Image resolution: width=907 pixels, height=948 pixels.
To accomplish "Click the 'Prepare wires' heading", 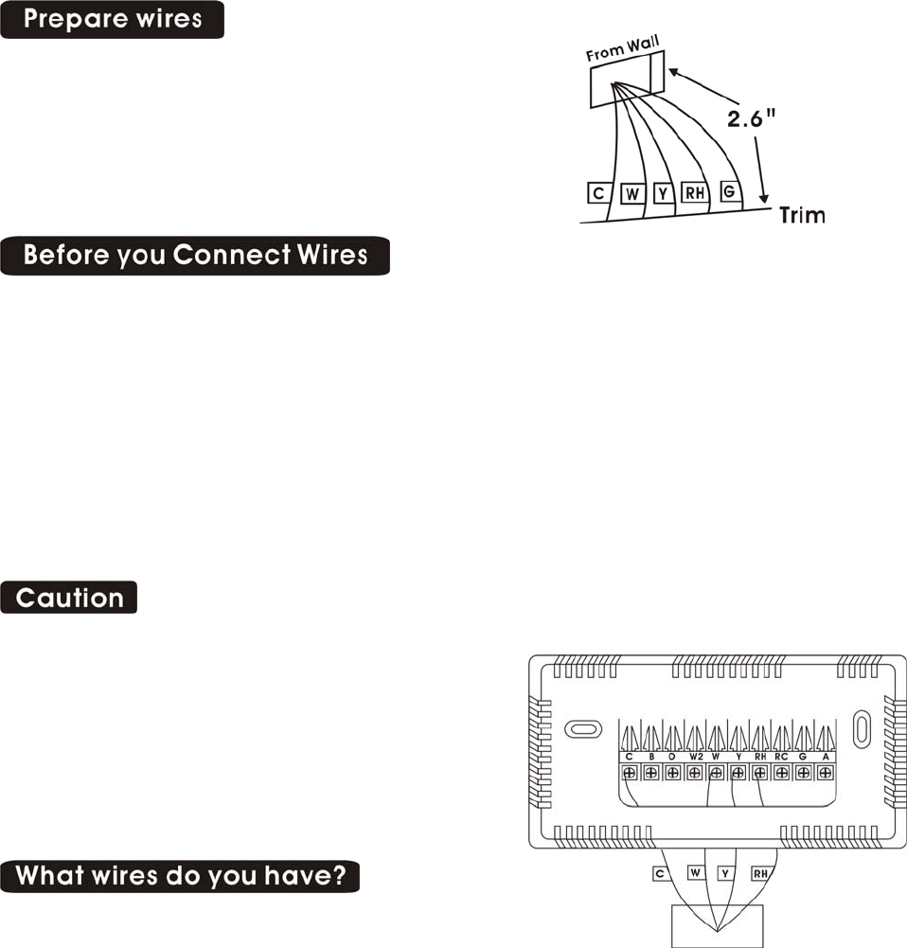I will tap(112, 20).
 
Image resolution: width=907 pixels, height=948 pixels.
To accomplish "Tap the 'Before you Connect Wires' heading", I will tap(195, 256).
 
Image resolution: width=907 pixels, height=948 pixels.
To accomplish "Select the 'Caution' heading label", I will tap(69, 598).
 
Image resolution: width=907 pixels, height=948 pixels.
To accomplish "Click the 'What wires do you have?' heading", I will tap(181, 876).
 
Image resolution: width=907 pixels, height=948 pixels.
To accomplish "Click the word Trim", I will tap(801, 216).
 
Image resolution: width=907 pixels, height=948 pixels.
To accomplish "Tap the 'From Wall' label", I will tap(622, 48).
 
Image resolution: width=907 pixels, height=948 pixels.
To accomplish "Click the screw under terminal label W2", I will tap(694, 773).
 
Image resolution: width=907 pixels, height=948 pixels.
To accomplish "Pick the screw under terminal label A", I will tap(825, 773).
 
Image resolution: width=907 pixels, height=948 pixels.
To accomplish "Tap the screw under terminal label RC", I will tap(781, 773).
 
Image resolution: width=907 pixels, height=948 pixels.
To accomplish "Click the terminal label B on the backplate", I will tap(651, 757).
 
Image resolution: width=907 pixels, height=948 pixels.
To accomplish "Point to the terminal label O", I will tap(673, 757).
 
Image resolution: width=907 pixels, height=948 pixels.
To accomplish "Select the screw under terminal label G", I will tap(803, 773).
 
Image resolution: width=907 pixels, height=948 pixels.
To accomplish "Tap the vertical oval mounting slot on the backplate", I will tap(862, 729).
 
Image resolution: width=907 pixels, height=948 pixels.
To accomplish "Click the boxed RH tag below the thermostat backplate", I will tap(760, 873).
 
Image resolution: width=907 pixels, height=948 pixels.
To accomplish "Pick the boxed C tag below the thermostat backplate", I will tap(660, 872).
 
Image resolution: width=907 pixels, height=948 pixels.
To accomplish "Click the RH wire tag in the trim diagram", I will tap(696, 194).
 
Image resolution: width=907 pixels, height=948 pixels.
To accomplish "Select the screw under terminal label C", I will tap(629, 773).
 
